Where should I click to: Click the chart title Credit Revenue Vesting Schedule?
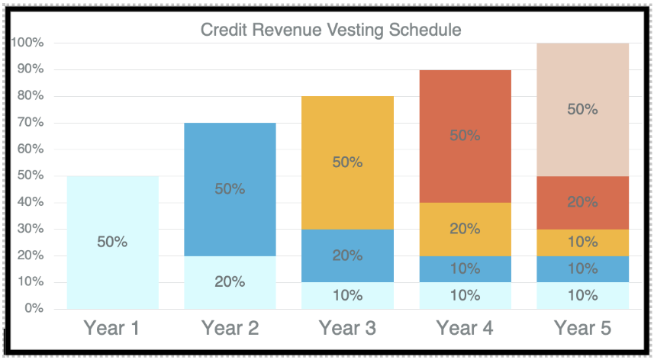point(330,31)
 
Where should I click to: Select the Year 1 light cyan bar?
point(112,243)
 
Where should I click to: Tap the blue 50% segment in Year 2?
point(230,189)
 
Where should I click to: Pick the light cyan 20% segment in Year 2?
point(230,282)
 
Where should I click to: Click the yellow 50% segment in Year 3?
point(347,162)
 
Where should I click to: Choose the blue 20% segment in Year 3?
point(347,256)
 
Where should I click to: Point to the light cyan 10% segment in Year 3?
point(347,296)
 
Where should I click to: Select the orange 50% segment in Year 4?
point(465,136)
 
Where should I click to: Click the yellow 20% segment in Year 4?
point(465,229)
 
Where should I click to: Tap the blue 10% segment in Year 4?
point(465,268)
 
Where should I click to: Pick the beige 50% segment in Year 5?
point(582,109)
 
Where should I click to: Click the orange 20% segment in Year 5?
point(582,202)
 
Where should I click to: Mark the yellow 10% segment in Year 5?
point(582,242)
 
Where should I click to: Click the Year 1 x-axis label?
point(112,329)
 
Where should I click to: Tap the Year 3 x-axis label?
point(347,329)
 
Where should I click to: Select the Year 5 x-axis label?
point(582,329)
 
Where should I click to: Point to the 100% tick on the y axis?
point(27,43)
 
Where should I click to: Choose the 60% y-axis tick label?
point(29,149)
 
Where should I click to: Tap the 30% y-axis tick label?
point(29,229)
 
